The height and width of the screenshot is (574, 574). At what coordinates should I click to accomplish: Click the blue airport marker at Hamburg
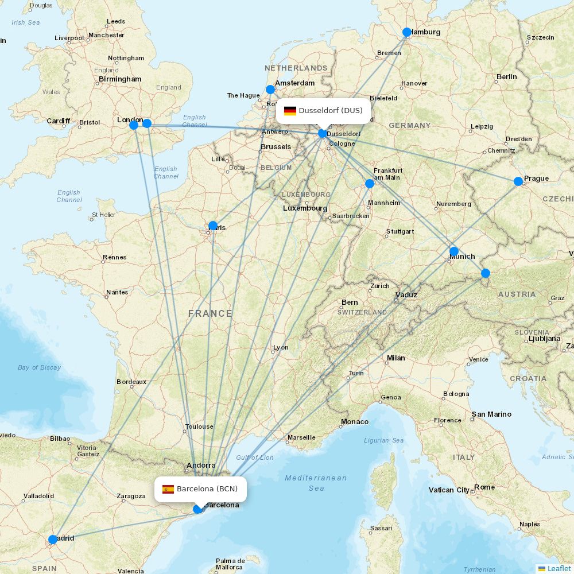tap(407, 32)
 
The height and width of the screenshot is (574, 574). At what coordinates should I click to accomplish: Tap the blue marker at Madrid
tap(53, 539)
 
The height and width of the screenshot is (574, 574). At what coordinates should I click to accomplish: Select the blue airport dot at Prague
tap(518, 181)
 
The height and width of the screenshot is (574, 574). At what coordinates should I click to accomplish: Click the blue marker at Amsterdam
tap(270, 90)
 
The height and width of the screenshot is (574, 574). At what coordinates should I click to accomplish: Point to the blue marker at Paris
tap(213, 226)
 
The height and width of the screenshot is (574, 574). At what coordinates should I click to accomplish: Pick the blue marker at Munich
tap(454, 251)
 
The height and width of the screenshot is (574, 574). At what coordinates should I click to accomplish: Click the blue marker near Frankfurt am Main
tap(370, 184)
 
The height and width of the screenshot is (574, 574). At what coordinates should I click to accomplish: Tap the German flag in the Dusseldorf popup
tap(290, 111)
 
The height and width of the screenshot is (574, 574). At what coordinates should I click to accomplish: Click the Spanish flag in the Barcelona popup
tap(168, 489)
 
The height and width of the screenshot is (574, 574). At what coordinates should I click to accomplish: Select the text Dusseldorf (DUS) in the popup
tap(331, 110)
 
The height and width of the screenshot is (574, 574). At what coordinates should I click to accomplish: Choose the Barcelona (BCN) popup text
tap(207, 489)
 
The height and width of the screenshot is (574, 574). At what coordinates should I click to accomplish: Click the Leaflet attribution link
tap(559, 568)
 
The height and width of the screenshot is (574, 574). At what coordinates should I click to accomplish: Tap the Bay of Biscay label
tap(39, 367)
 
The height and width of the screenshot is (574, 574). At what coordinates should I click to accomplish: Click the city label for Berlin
tap(507, 76)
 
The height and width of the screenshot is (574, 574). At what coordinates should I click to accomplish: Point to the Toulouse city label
tap(199, 426)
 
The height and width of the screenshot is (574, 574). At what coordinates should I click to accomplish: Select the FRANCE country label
tap(210, 313)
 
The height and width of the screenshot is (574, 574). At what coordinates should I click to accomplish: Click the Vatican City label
tap(449, 490)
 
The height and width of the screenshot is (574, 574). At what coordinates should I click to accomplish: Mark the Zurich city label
tap(380, 286)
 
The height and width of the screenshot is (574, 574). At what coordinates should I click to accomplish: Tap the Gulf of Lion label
tap(255, 457)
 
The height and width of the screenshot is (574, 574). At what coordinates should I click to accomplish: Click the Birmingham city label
tap(120, 79)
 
